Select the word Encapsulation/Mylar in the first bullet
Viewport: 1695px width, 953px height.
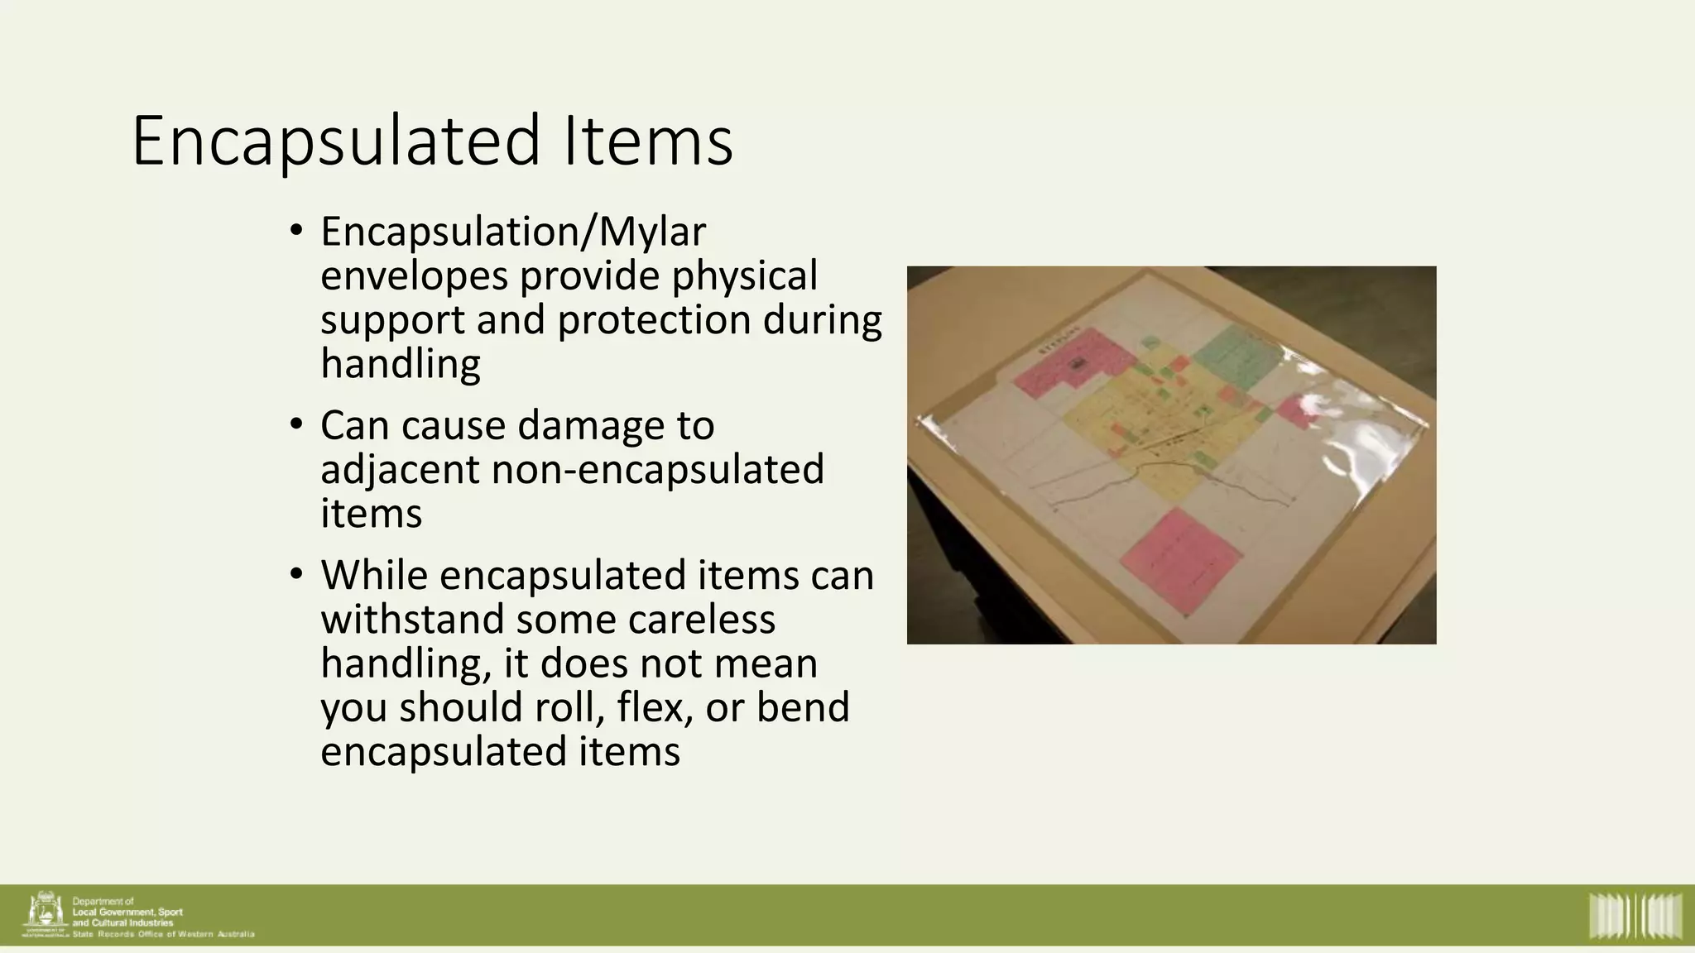pyautogui.click(x=513, y=232)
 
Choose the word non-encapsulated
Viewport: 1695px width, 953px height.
pyautogui.click(x=658, y=470)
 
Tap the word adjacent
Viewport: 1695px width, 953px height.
pyautogui.click(x=400, y=470)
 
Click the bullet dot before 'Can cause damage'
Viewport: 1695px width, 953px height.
pyautogui.click(x=297, y=424)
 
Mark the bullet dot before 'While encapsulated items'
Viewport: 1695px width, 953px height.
pyautogui.click(x=297, y=574)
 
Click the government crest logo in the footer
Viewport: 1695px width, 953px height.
pyautogui.click(x=45, y=914)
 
